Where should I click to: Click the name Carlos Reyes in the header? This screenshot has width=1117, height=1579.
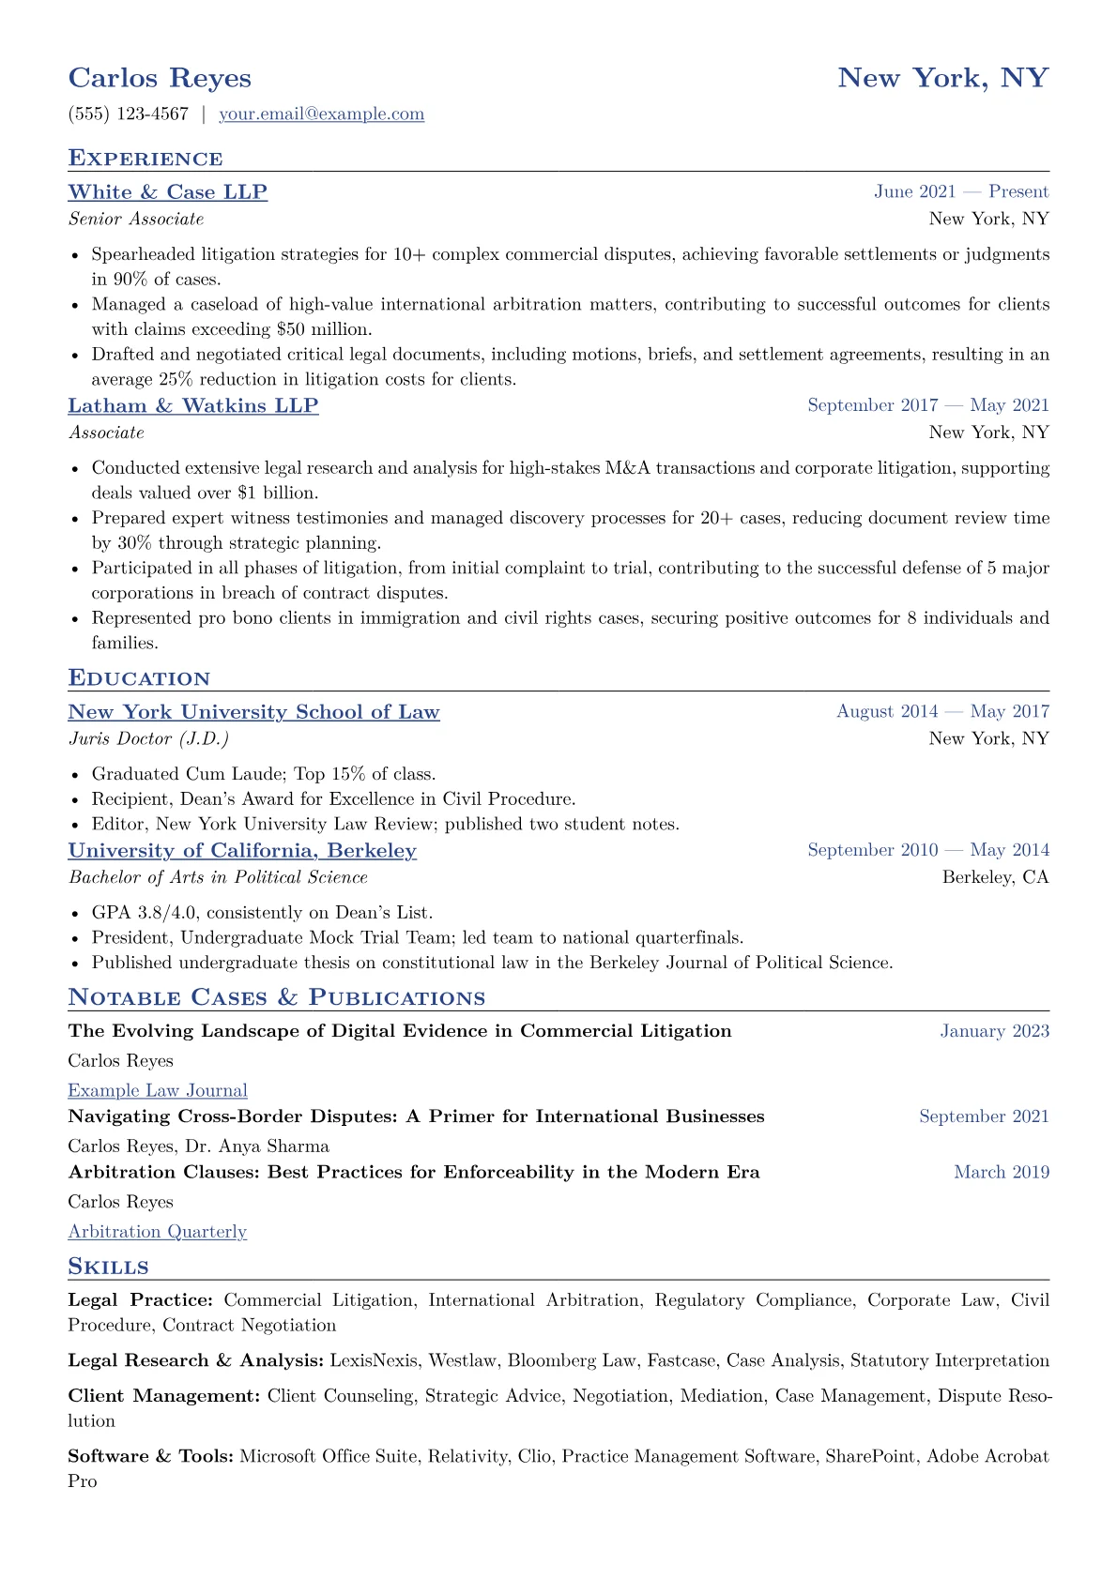click(x=160, y=78)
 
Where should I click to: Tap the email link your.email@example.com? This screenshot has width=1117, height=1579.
click(x=321, y=114)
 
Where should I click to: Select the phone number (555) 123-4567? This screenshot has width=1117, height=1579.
click(x=129, y=114)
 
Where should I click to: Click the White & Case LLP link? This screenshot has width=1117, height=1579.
click(x=167, y=192)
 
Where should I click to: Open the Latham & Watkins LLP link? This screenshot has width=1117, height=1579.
click(x=192, y=405)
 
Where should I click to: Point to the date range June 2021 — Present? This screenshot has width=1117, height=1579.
click(x=961, y=192)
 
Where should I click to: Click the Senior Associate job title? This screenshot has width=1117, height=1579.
click(x=136, y=220)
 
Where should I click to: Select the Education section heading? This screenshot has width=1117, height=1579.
click(x=139, y=678)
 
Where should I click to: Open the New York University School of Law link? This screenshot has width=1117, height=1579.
click(x=253, y=712)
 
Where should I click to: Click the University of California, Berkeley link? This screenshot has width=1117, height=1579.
click(x=242, y=850)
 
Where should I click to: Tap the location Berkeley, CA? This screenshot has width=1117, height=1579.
click(x=995, y=877)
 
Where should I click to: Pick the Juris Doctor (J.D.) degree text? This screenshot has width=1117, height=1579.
click(x=148, y=739)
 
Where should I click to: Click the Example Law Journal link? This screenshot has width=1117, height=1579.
click(x=158, y=1090)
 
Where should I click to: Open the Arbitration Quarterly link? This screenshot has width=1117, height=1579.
click(x=157, y=1232)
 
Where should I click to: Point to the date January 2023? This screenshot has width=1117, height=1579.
click(x=994, y=1031)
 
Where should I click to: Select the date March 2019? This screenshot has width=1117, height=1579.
click(x=1002, y=1172)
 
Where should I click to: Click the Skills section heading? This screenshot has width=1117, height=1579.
click(x=108, y=1267)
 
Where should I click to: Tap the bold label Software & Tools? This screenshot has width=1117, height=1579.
click(x=151, y=1456)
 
